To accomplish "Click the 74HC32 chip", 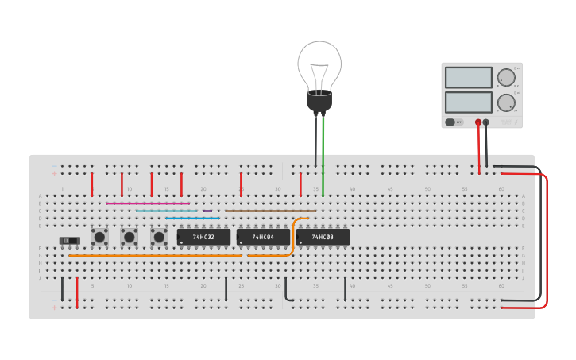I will [203, 237].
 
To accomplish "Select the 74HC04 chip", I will [263, 237].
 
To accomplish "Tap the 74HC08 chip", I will [323, 237].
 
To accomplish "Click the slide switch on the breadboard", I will [70, 240].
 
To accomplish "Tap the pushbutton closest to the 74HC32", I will [159, 236].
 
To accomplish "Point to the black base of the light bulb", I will [319, 102].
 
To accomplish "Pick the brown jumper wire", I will [270, 211].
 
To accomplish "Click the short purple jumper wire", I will [207, 211].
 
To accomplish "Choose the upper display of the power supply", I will [469, 77].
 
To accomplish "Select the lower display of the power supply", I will [469, 102].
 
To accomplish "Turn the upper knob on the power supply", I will [506, 77].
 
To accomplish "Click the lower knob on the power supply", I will [506, 103].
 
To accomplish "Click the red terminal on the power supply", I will [478, 122].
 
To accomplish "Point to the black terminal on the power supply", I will [486, 122].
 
